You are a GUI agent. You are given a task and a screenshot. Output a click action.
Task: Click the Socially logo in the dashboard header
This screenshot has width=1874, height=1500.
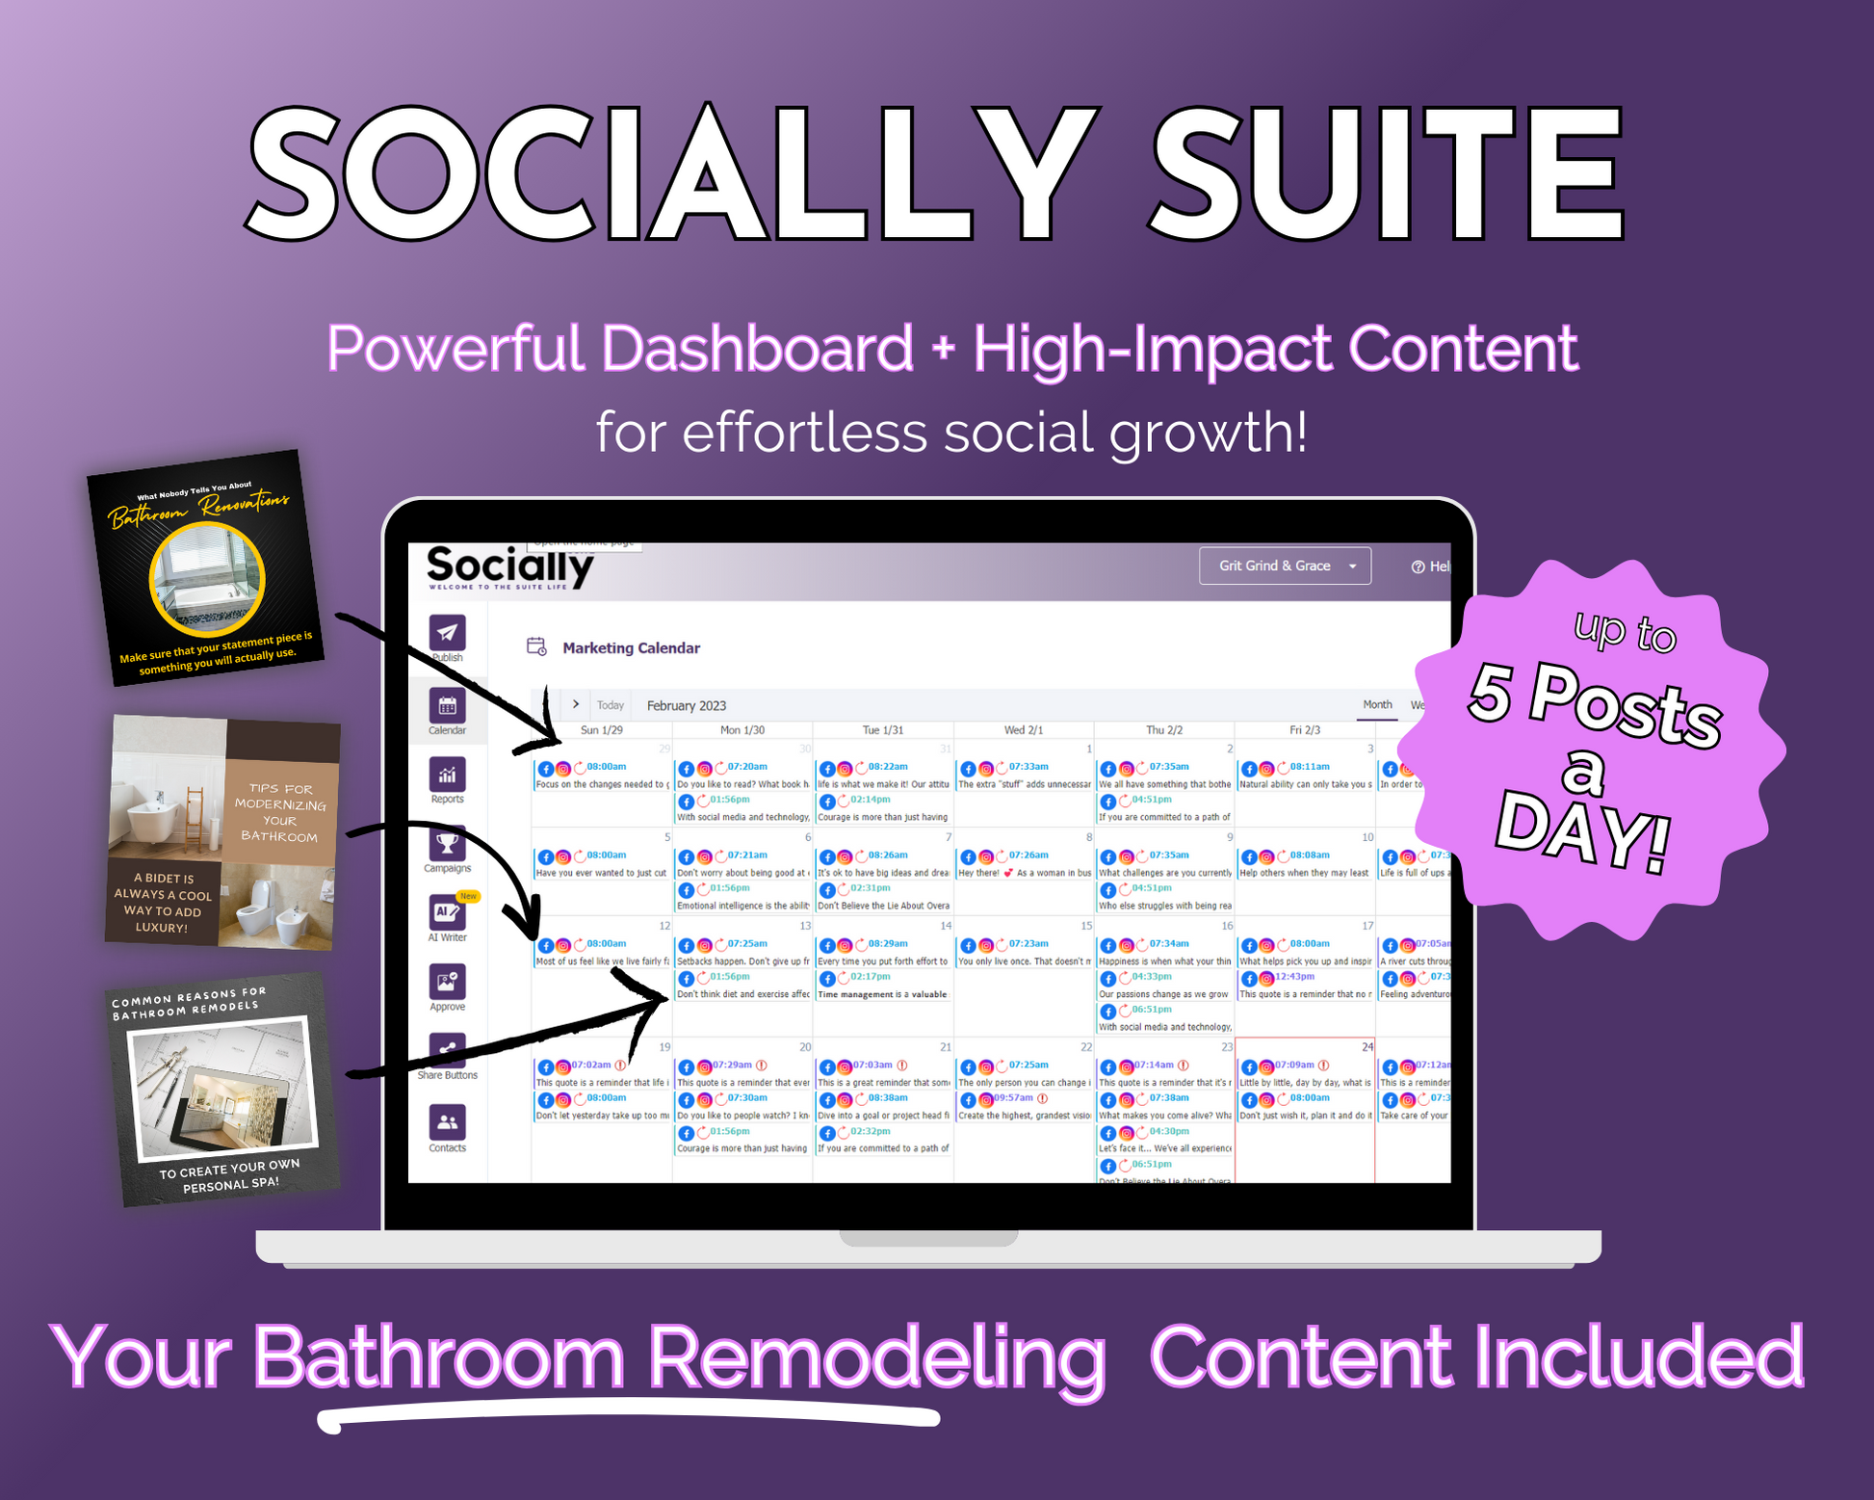coord(508,566)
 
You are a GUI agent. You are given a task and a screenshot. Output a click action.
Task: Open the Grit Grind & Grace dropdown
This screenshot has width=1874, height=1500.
coord(1285,566)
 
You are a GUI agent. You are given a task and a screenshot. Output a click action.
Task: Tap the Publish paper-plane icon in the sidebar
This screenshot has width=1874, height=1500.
coord(447,633)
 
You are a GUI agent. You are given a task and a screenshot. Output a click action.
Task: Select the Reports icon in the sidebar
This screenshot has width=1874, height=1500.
coord(447,775)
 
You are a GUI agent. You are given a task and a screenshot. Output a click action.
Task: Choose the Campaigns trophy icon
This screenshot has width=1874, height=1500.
coord(447,844)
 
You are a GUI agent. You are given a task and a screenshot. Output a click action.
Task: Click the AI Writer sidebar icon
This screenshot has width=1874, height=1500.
coord(447,912)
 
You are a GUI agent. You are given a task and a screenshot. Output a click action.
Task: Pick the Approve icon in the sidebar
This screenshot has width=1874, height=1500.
coord(447,982)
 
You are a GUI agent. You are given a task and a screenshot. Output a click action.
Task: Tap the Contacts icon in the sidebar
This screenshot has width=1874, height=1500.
coord(447,1122)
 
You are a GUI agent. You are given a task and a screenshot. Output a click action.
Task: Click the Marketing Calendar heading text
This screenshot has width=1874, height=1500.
coord(631,648)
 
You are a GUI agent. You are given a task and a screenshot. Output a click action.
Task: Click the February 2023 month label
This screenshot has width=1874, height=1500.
coord(686,705)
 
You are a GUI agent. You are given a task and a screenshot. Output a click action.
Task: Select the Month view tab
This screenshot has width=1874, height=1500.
coord(1376,705)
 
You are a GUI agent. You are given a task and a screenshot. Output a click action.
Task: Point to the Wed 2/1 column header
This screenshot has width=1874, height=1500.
coord(1024,730)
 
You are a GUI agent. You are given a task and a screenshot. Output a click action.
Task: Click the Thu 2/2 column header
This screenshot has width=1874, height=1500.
coord(1164,730)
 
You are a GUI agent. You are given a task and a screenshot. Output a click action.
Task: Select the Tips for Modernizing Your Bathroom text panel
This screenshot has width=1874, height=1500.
coord(280,811)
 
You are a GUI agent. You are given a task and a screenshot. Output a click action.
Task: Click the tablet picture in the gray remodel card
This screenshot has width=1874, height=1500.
coord(220,1091)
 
